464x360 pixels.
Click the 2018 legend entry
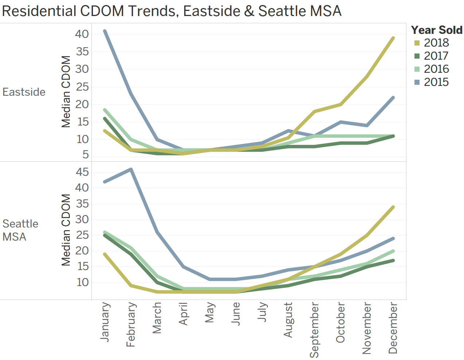pyautogui.click(x=436, y=43)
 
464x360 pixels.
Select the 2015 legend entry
pyautogui.click(x=436, y=82)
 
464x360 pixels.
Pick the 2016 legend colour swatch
pyautogui.click(x=417, y=69)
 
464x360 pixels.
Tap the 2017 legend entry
pyautogui.click(x=436, y=56)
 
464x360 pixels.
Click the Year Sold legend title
pyautogui.click(x=436, y=30)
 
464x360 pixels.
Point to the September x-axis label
pyautogui.click(x=314, y=330)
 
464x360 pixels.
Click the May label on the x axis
pyautogui.click(x=209, y=313)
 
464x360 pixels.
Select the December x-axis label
pyautogui.click(x=393, y=328)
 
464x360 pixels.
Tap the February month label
pyautogui.click(x=131, y=324)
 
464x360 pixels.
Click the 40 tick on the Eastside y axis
pyautogui.click(x=82, y=34)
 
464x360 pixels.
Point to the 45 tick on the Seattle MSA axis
pyautogui.click(x=82, y=172)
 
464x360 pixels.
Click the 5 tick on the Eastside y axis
pyautogui.click(x=85, y=155)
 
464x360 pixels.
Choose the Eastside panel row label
pyautogui.click(x=24, y=92)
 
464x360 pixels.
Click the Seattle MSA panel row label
pyautogui.click(x=20, y=230)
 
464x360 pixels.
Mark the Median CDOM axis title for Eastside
pyautogui.click(x=66, y=92)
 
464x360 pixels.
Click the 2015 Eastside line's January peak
pyautogui.click(x=105, y=31)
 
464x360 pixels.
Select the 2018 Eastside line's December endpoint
pyautogui.click(x=393, y=38)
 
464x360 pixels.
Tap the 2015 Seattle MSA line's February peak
pyautogui.click(x=131, y=169)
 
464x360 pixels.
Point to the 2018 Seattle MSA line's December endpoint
pyautogui.click(x=393, y=207)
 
